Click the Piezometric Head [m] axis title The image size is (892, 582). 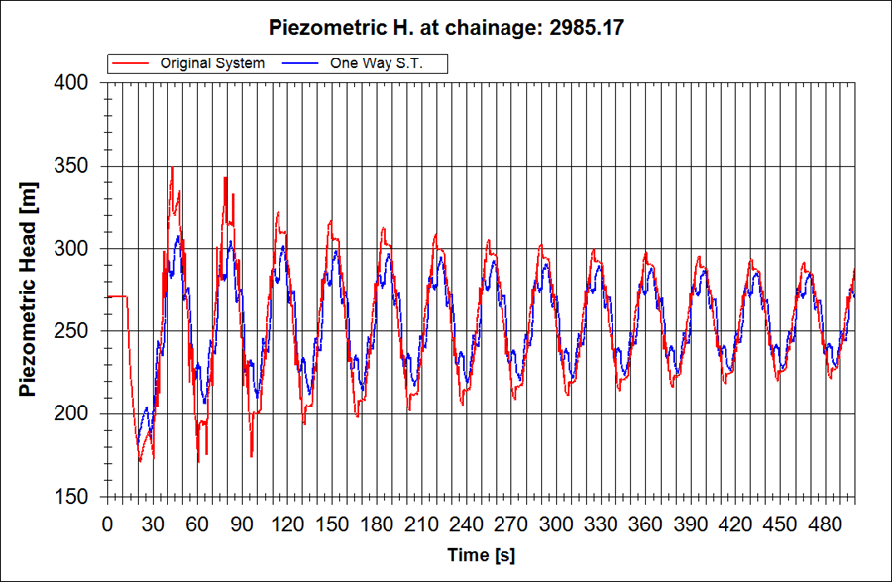(29, 291)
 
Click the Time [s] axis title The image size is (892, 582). (481, 555)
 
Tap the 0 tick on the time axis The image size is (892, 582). (107, 523)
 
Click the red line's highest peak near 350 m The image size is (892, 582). (171, 168)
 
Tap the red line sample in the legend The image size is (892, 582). (132, 63)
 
